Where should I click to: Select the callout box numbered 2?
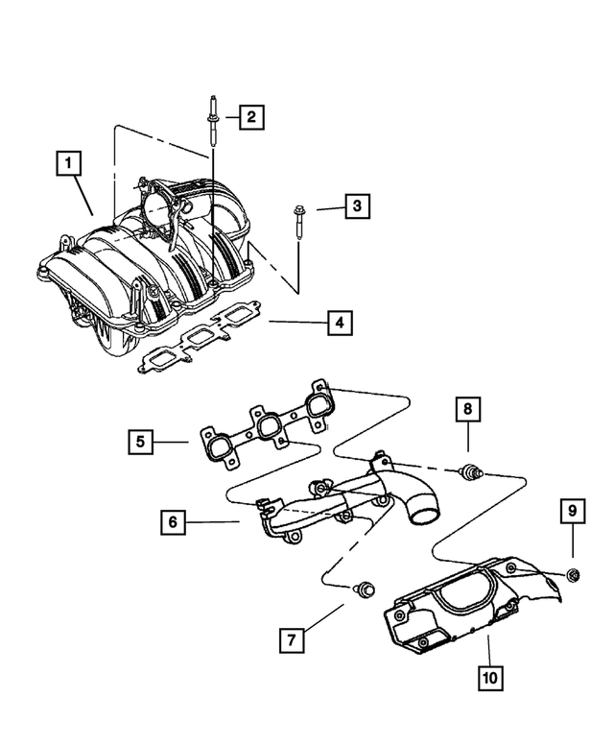(x=249, y=118)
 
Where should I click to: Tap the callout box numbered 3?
(x=356, y=205)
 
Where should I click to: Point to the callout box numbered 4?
(x=338, y=323)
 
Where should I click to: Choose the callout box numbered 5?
(x=140, y=442)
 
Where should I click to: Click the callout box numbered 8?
(x=468, y=410)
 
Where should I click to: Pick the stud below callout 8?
(x=470, y=470)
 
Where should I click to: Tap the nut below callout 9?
(x=573, y=575)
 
